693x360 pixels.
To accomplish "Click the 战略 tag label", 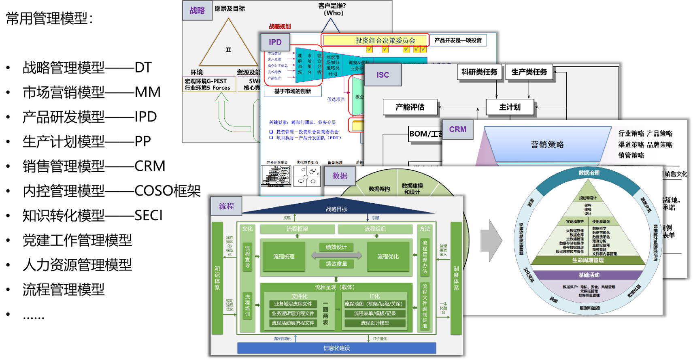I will pyautogui.click(x=197, y=11).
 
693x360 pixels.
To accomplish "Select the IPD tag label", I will pyautogui.click(x=275, y=42).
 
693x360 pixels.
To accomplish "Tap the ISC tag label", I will pyautogui.click(x=383, y=75).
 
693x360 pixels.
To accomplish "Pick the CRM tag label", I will pyautogui.click(x=457, y=130).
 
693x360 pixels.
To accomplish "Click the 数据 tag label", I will pyautogui.click(x=340, y=176).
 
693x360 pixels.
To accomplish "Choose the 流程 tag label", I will pyautogui.click(x=226, y=206).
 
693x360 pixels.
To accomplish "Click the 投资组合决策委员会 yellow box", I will pyautogui.click(x=375, y=40).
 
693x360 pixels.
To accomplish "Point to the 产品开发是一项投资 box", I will pyautogui.click(x=458, y=40).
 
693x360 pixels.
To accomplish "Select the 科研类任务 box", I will pyautogui.click(x=479, y=72).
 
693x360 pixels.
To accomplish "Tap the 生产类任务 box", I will pyautogui.click(x=529, y=72).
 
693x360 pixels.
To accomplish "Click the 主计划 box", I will pyautogui.click(x=510, y=107).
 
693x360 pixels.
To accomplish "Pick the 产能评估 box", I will pyautogui.click(x=410, y=107).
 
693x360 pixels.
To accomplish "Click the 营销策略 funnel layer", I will pyautogui.click(x=547, y=145).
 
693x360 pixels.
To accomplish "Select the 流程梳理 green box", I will pyautogui.click(x=284, y=257).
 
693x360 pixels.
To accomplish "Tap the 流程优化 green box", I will pyautogui.click(x=388, y=257).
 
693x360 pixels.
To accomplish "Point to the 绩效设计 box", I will pyautogui.click(x=336, y=247).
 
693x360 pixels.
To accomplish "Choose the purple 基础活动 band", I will pyautogui.click(x=589, y=275).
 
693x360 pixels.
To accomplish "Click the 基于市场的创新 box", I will pyautogui.click(x=293, y=92).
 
